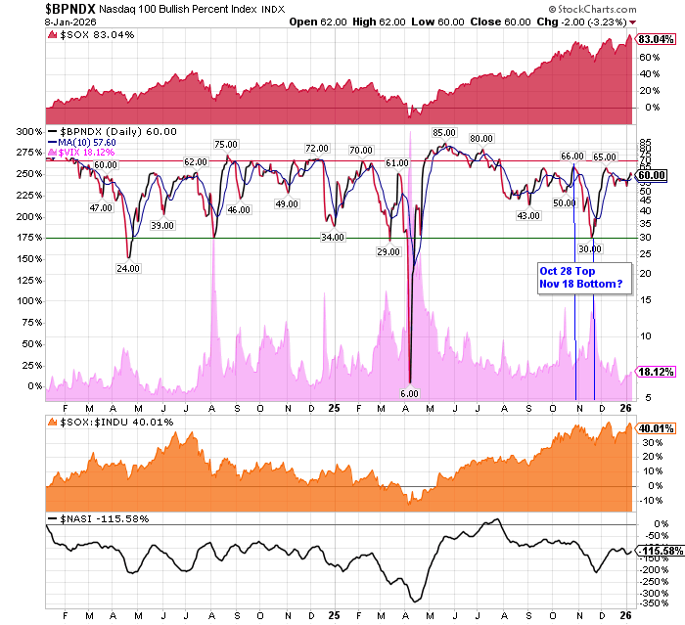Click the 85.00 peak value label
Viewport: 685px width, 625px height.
(x=443, y=133)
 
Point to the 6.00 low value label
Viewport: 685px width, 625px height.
(x=409, y=393)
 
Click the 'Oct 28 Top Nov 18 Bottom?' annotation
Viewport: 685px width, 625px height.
(x=579, y=277)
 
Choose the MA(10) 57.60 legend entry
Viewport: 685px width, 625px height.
(x=91, y=143)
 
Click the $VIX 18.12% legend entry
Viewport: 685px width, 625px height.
(x=88, y=154)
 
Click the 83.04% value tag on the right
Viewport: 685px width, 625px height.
(x=655, y=40)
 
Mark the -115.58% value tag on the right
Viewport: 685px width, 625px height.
(x=658, y=552)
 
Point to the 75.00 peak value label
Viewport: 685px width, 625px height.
(x=227, y=145)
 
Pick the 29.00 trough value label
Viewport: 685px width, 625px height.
(x=388, y=251)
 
